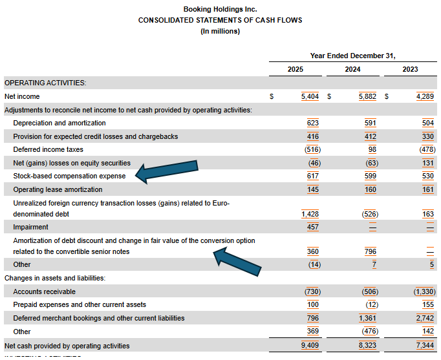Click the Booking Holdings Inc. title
[x=220, y=9]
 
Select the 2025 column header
[x=295, y=69]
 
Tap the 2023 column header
[x=409, y=69]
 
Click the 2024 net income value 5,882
[x=368, y=96]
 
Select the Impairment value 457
[x=310, y=228]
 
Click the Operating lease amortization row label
[x=58, y=189]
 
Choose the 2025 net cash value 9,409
[x=310, y=346]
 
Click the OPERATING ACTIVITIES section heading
[x=45, y=83]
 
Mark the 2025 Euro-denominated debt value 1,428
[x=310, y=214]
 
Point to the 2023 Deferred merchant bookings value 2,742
[x=424, y=318]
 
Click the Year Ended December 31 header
[x=352, y=55]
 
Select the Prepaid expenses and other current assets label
[x=79, y=304]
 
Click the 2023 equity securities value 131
[x=427, y=163]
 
